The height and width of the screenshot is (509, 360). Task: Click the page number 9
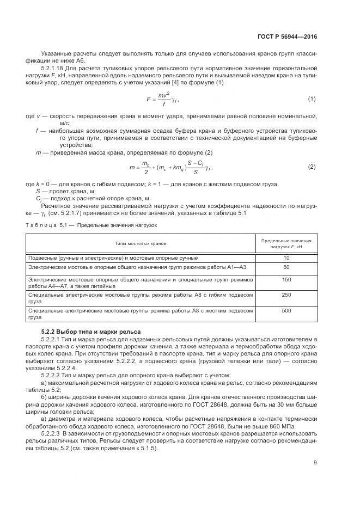click(x=315, y=463)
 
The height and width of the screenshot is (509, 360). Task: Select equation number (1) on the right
click(x=312, y=99)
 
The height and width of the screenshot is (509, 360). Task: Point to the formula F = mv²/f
click(x=163, y=100)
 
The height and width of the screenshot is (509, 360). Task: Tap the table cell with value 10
click(x=286, y=257)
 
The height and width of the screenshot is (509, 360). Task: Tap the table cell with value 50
click(x=286, y=267)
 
